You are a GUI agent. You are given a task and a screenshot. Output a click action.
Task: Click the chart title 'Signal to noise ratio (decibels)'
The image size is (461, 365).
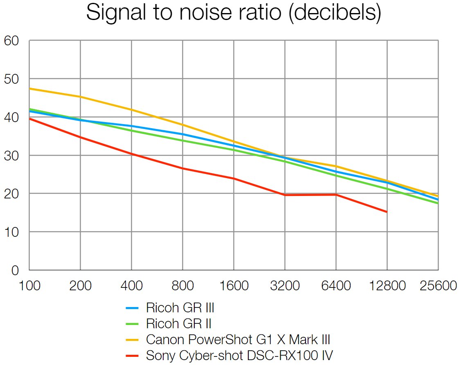tap(234, 13)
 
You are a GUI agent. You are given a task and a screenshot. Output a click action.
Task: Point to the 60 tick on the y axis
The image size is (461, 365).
tap(11, 40)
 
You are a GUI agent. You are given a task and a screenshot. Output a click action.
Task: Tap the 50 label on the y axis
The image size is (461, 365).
tap(11, 79)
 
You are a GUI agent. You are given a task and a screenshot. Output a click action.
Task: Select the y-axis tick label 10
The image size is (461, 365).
tap(11, 232)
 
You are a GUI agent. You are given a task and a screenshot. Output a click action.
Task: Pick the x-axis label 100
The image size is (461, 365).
tap(29, 286)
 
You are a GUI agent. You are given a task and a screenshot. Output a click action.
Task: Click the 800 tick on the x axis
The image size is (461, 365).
tap(182, 286)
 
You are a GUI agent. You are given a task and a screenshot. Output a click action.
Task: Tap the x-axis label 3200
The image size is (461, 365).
tap(285, 286)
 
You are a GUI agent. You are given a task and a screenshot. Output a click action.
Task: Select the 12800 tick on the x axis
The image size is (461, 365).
tap(387, 286)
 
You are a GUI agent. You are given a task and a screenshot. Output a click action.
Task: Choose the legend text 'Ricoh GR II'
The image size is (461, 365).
tap(179, 324)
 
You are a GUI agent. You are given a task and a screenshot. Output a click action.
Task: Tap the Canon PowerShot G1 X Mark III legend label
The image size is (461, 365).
tap(238, 339)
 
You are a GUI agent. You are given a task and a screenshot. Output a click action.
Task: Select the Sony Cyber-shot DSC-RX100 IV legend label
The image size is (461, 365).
tap(240, 355)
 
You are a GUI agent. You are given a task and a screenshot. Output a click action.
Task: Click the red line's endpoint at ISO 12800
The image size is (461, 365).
tap(387, 212)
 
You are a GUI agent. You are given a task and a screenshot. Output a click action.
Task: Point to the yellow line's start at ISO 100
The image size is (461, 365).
tap(30, 89)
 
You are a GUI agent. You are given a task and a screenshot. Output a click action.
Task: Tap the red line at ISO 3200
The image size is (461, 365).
tap(285, 195)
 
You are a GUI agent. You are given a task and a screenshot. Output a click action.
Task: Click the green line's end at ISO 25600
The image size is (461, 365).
tap(438, 203)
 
